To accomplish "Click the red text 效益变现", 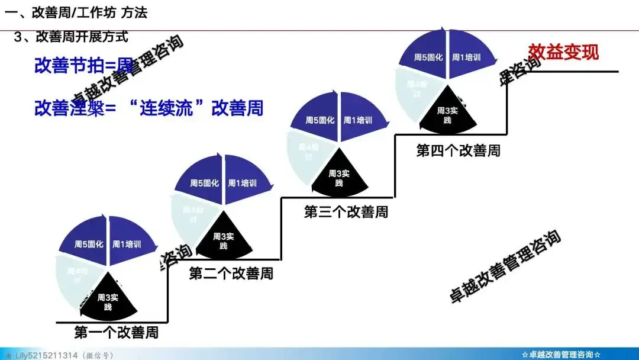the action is pos(563,52).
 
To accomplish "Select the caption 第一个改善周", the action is pos(116,332).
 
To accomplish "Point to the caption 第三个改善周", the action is pos(346,211).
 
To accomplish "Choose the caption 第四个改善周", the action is pos(458,150).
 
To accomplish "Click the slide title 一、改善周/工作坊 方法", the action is pos(76,12).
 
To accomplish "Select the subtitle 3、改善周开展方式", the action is pos(71,37).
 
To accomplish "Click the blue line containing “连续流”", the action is pos(149,108).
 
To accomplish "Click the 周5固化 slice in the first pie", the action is pos(89,244).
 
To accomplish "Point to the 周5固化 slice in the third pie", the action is pos(319,121).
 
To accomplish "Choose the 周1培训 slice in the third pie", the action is pos(359,121).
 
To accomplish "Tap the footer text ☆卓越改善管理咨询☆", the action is pos(561,355).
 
